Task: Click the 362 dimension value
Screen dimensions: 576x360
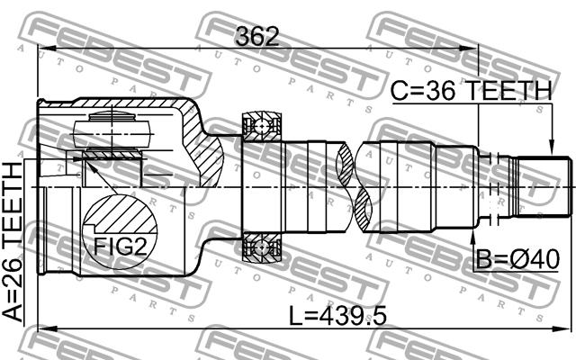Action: coord(257,36)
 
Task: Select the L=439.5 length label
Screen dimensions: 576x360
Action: coord(337,316)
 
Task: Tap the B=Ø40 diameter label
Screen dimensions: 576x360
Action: coord(518,259)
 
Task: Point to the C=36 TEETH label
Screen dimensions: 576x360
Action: coord(472,91)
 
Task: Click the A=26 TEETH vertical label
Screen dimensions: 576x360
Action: coord(12,242)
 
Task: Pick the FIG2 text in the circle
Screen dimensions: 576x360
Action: coord(120,246)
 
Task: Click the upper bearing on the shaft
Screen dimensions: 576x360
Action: coord(262,127)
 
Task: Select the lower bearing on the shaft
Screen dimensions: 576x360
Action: coord(262,247)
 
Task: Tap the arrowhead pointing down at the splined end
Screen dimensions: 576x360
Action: coord(551,148)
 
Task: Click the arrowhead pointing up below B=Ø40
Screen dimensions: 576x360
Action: coord(472,237)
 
